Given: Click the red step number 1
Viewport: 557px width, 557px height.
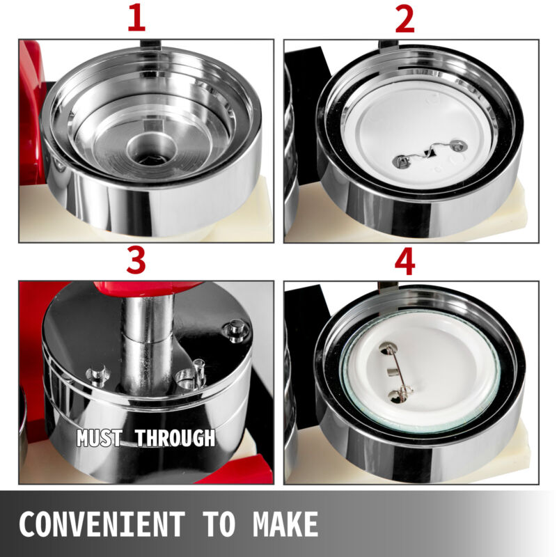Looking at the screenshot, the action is pyautogui.click(x=136, y=18).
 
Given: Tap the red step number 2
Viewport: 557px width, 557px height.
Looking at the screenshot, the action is pyautogui.click(x=405, y=19).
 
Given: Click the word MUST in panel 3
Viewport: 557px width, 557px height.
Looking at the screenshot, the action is pyautogui.click(x=100, y=438).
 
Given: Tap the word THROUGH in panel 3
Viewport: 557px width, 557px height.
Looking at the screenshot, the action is pyautogui.click(x=175, y=438).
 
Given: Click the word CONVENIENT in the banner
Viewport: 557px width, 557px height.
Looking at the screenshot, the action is pyautogui.click(x=102, y=524).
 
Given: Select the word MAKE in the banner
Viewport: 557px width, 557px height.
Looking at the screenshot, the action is pyautogui.click(x=285, y=524).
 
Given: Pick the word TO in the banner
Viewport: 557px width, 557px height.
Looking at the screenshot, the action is pyautogui.click(x=219, y=524).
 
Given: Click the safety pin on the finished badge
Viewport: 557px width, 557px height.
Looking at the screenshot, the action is pyautogui.click(x=396, y=372).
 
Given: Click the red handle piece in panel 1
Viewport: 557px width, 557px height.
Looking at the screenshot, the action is pyautogui.click(x=31, y=113).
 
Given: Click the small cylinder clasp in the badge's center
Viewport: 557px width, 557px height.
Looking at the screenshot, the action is pyautogui.click(x=393, y=372).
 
